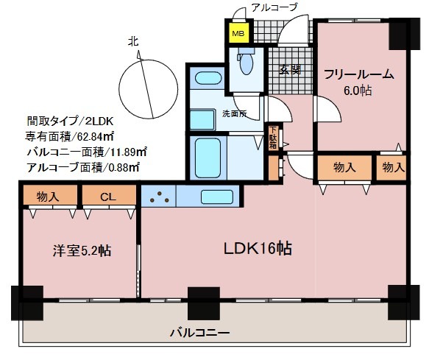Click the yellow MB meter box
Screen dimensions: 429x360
pos(239,33)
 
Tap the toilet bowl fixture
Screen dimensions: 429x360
pos(247,61)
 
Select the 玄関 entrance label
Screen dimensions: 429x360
pos(290,70)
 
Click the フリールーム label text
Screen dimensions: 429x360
pos(358,74)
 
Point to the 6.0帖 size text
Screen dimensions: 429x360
pos(358,91)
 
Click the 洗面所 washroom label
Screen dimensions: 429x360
pos(235,113)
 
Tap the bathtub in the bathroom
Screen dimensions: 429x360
pos(208,158)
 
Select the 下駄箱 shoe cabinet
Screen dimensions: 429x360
pos(273,138)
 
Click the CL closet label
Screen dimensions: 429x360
pos(108,197)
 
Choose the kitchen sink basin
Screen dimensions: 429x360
pos(217,197)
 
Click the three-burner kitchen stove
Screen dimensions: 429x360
pos(159,197)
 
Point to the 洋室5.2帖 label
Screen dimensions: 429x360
pos(82,250)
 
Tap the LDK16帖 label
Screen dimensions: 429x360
pos(258,248)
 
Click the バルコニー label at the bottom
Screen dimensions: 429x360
pos(199,333)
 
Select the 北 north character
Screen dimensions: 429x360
pos(133,42)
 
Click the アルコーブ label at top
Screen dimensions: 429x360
pos(274,7)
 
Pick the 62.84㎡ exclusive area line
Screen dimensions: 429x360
pos(70,136)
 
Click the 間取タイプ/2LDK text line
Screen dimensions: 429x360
pos(70,121)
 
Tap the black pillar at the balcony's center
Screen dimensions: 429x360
pos(204,303)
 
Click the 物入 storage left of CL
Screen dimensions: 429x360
pos(48,197)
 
